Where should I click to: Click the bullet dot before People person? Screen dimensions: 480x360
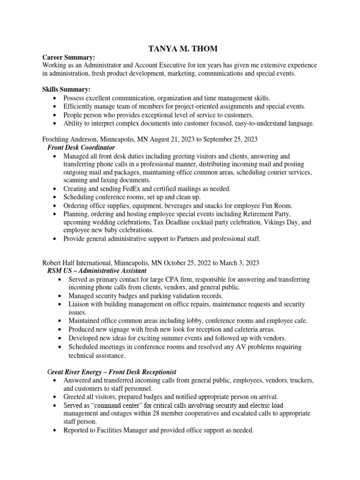click(56, 115)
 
